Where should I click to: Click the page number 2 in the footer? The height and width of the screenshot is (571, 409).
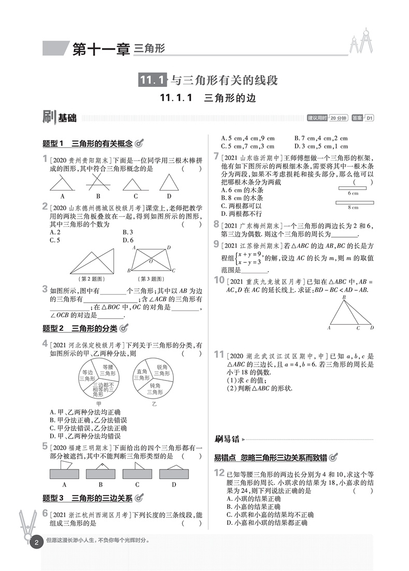point(36,543)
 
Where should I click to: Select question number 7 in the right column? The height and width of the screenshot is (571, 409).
point(217,156)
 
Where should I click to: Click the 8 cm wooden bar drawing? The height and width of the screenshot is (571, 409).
point(354,202)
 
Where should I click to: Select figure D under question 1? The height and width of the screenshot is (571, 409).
point(168,183)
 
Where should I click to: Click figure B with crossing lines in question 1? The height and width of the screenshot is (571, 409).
point(98,182)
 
